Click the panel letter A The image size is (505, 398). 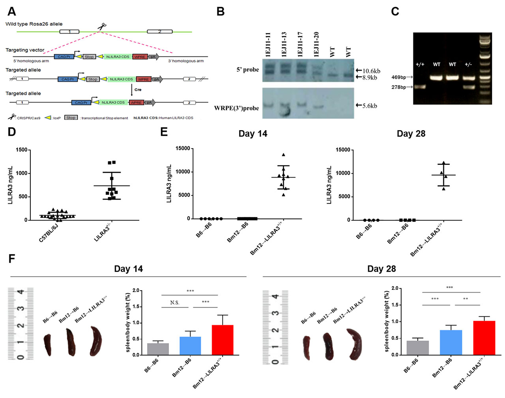click(11, 11)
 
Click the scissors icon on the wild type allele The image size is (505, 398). click(102, 27)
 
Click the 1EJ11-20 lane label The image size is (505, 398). click(316, 45)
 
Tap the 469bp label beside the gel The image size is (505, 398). click(399, 77)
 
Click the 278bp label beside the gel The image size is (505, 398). click(399, 87)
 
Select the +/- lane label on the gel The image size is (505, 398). click(468, 64)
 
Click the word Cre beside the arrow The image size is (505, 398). click(138, 90)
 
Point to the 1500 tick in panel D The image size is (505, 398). click(22, 150)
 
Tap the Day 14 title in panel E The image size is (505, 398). click(253, 134)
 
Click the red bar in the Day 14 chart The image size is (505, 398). click(223, 340)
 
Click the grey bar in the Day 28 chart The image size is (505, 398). click(418, 348)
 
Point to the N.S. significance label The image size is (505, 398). click(175, 303)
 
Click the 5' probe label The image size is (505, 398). click(248, 70)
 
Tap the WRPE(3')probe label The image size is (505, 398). click(236, 108)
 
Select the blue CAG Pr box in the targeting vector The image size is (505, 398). click(64, 57)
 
